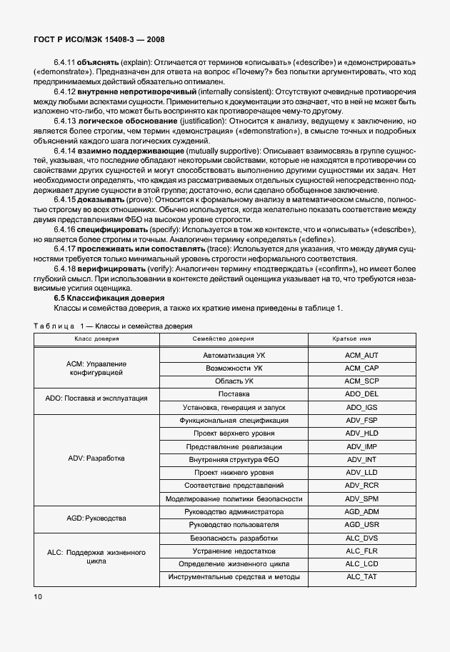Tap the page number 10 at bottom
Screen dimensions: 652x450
click(x=37, y=595)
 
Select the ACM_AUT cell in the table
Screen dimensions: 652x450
click(x=361, y=355)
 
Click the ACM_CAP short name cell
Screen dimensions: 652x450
click(x=361, y=368)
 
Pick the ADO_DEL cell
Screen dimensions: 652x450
click(x=361, y=394)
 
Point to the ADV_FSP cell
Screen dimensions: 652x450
click(x=361, y=421)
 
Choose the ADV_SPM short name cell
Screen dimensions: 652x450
click(x=361, y=498)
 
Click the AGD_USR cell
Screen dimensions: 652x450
click(x=361, y=525)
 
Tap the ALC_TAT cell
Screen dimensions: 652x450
click(x=361, y=577)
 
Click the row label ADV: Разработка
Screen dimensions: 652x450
click(x=96, y=459)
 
